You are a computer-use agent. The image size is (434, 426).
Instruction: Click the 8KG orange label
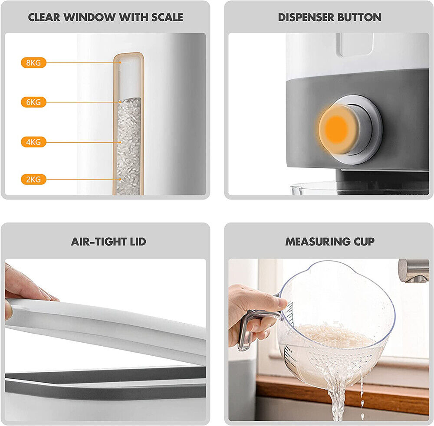click(x=33, y=63)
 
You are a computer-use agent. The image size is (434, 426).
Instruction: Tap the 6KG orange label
click(x=33, y=102)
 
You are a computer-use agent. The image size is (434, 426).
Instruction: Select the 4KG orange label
click(x=33, y=142)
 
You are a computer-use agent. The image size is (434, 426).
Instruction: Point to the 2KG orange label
click(x=33, y=179)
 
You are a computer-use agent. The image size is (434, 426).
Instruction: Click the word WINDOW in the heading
click(x=90, y=17)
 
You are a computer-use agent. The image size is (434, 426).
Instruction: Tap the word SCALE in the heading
click(x=167, y=17)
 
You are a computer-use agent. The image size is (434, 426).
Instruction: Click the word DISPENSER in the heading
click(x=306, y=17)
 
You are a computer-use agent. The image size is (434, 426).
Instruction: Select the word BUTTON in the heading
click(x=359, y=17)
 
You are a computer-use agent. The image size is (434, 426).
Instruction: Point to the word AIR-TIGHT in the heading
click(x=99, y=242)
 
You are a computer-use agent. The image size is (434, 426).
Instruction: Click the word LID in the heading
click(x=138, y=242)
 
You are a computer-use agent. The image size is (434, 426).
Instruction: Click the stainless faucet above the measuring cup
click(x=414, y=271)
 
